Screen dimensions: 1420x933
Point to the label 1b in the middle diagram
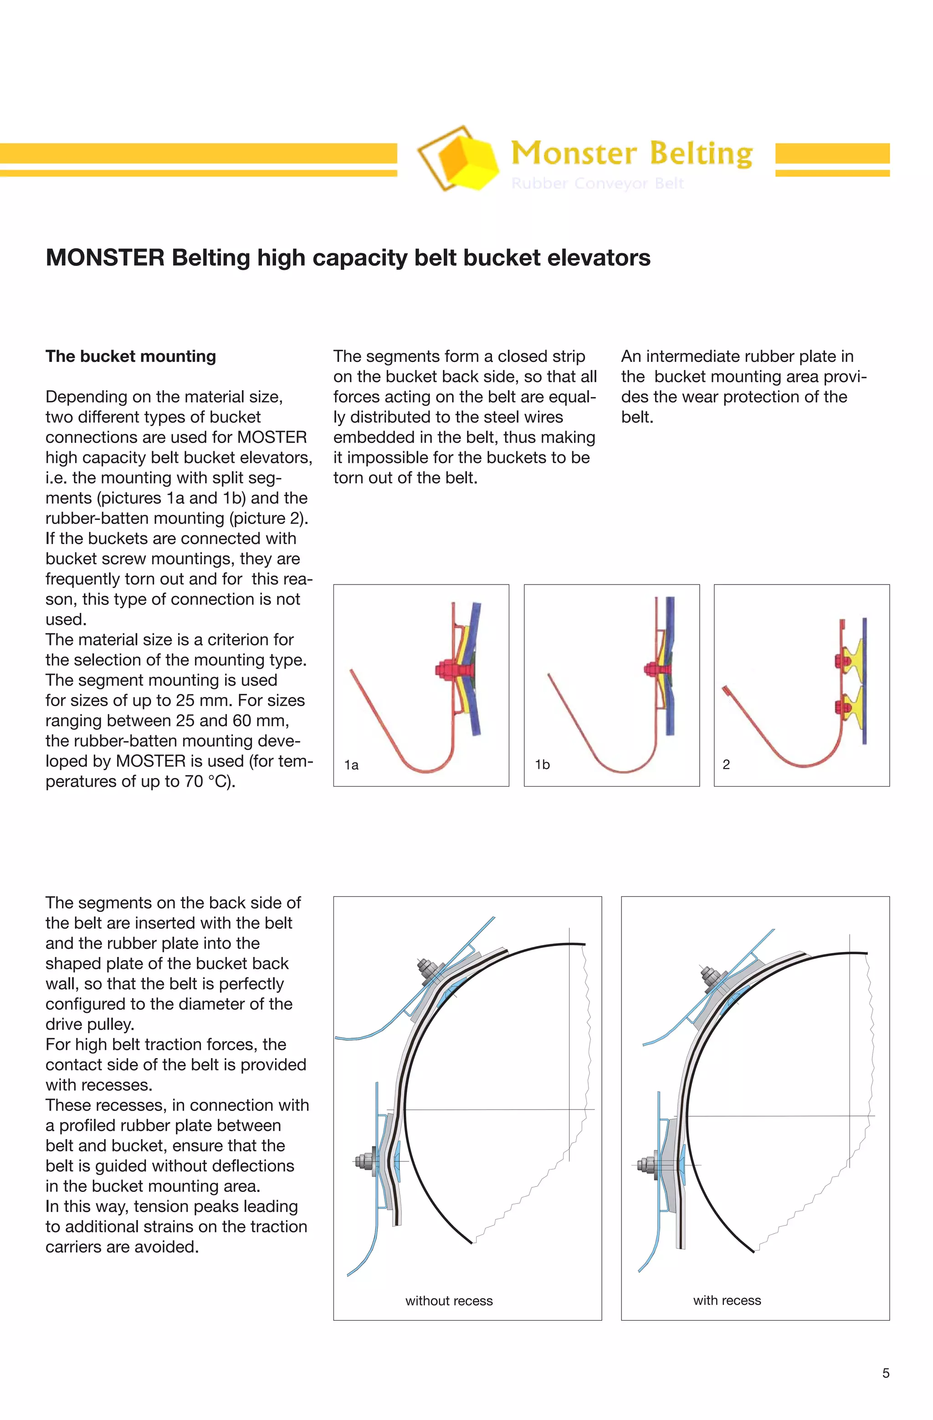(x=542, y=764)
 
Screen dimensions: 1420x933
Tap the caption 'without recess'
(x=449, y=1301)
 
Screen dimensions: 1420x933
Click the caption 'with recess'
(x=727, y=1300)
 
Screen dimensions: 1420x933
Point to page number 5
(x=885, y=1373)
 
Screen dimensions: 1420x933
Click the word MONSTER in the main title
(x=105, y=258)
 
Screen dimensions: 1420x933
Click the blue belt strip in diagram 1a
(x=476, y=668)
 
